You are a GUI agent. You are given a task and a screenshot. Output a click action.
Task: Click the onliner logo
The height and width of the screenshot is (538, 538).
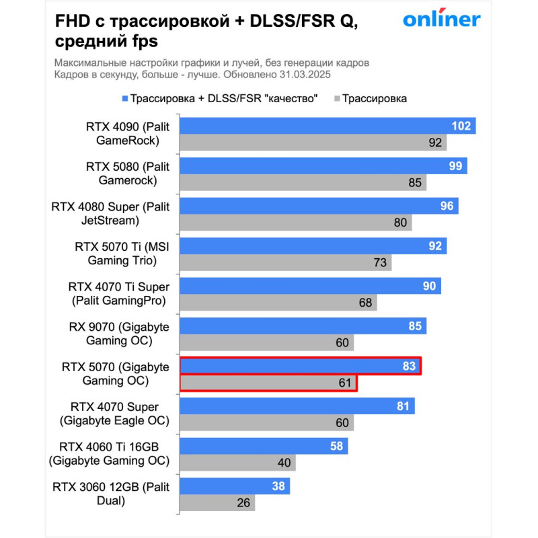tap(441, 20)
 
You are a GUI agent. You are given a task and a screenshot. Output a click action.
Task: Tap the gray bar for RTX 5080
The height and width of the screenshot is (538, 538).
tap(303, 182)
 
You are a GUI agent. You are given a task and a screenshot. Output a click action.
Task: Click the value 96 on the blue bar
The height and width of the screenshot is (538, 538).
tap(447, 206)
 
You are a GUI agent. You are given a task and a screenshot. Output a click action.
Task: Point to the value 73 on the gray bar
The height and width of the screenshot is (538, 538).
tap(380, 263)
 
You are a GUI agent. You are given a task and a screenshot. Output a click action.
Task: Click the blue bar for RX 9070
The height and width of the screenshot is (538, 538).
tap(303, 327)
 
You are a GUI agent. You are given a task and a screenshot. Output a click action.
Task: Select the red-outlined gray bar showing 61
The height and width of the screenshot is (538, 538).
tap(268, 383)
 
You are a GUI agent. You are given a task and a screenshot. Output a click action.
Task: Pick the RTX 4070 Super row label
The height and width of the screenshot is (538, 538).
tap(114, 414)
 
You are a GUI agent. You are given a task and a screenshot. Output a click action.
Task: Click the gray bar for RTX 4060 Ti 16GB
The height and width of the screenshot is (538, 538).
tap(237, 463)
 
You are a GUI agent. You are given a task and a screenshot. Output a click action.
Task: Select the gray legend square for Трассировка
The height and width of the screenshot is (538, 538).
tap(336, 99)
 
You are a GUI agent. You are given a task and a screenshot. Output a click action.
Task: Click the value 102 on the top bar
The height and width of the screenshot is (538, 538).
tap(461, 126)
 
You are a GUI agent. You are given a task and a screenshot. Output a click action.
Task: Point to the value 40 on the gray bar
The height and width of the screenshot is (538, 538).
tap(284, 463)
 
